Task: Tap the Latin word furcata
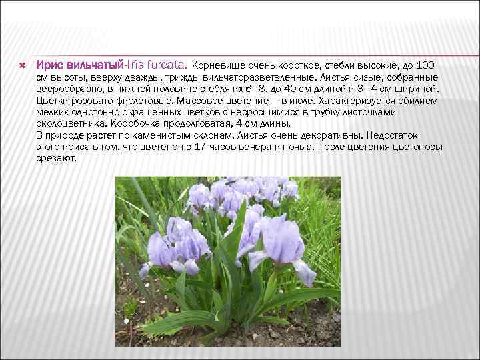(x=168, y=66)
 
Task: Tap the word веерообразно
(x=68, y=88)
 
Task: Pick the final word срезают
(x=57, y=158)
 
